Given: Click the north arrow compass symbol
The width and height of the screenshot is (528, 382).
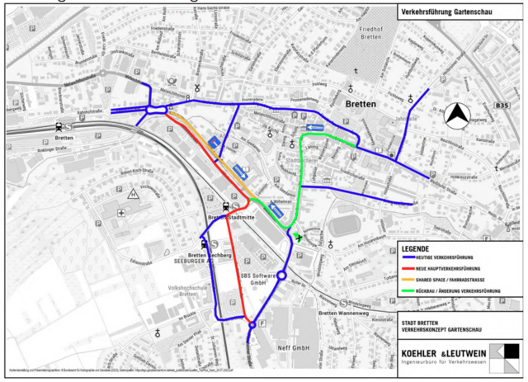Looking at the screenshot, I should [x=455, y=117].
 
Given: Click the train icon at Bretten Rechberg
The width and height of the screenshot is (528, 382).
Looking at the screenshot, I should [x=202, y=243].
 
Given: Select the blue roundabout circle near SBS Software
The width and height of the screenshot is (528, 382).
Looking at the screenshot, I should [x=281, y=276].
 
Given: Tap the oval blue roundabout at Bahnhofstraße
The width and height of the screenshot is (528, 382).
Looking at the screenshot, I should [x=154, y=110].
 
